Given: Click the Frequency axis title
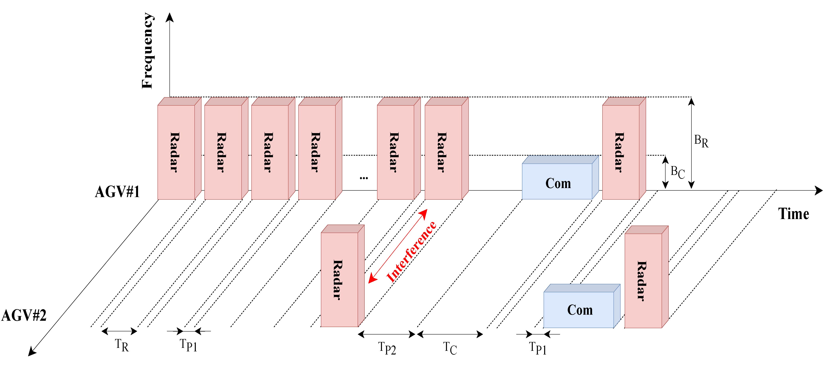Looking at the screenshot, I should click(147, 51).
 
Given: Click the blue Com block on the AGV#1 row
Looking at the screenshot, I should click(558, 181).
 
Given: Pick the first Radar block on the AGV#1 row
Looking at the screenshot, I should click(176, 152).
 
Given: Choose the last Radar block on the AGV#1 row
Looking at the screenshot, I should click(621, 152).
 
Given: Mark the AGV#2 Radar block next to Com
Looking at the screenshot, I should click(643, 281).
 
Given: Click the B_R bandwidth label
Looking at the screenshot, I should click(701, 141).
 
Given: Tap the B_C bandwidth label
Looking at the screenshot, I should click(678, 172).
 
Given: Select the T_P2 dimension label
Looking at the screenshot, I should click(387, 348).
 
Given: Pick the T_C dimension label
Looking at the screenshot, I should click(450, 348).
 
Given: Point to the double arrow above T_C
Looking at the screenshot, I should click(450, 334).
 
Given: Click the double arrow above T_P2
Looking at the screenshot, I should click(387, 334).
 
